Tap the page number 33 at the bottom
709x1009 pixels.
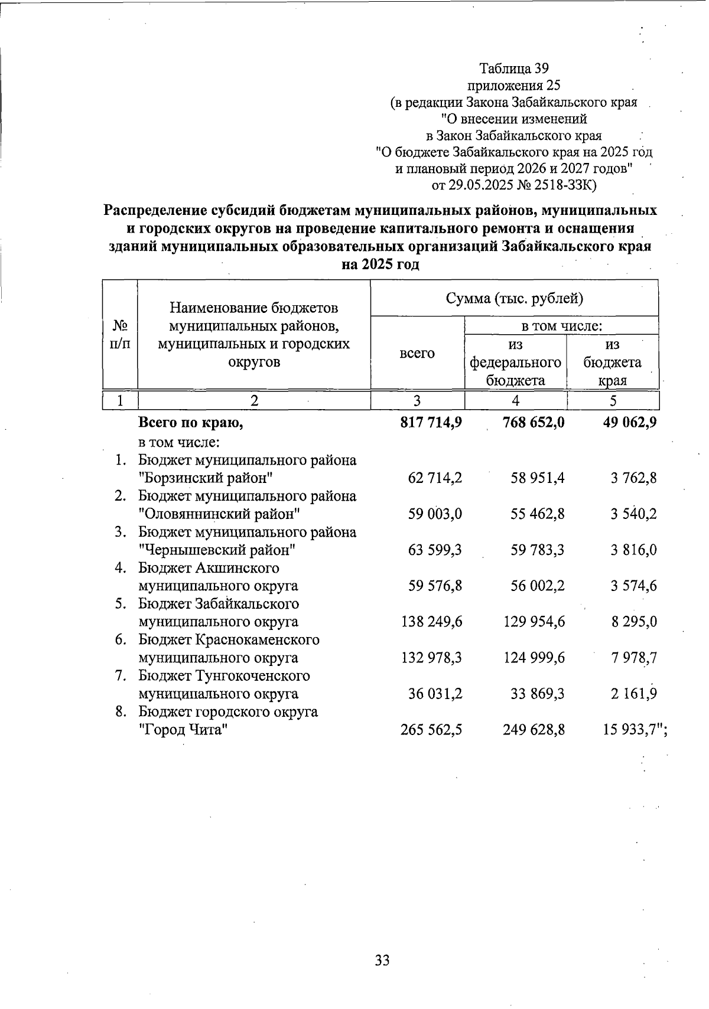coord(382,961)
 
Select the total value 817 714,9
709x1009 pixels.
coord(431,423)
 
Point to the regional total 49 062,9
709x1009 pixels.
coord(627,423)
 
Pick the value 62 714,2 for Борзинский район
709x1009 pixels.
coord(435,478)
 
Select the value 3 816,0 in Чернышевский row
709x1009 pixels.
coord(633,550)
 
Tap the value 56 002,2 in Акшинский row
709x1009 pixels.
coord(538,586)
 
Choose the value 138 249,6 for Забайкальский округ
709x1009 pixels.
coord(431,622)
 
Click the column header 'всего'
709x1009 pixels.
coord(417,353)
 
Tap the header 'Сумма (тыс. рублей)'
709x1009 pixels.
coord(514,298)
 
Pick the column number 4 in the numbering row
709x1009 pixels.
coord(515,401)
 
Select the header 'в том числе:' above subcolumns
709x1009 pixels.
coord(561,326)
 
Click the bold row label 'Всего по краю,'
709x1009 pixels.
coord(190,423)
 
